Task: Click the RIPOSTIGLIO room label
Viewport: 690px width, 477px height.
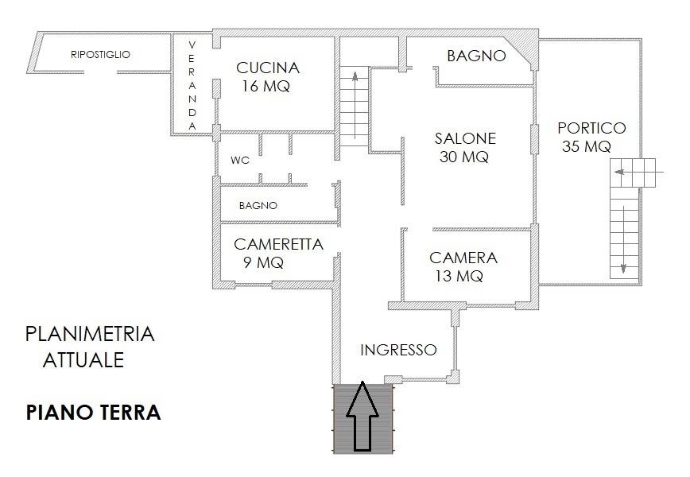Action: pyautogui.click(x=100, y=55)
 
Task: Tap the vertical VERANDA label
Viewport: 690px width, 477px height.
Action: pyautogui.click(x=192, y=85)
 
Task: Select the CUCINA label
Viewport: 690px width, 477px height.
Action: pyautogui.click(x=268, y=68)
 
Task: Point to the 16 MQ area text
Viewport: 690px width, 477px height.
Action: pyautogui.click(x=266, y=86)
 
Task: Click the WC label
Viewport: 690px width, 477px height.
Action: pyautogui.click(x=240, y=161)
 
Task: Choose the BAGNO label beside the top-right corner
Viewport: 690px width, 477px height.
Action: pyautogui.click(x=476, y=56)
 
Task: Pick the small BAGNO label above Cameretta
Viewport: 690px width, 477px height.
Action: pyautogui.click(x=258, y=205)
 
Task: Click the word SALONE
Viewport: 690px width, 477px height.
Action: pyautogui.click(x=465, y=138)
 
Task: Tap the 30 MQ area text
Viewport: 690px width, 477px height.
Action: pyautogui.click(x=463, y=157)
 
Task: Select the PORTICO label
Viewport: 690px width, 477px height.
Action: pyautogui.click(x=591, y=128)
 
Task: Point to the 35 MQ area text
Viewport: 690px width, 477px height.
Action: pyautogui.click(x=586, y=146)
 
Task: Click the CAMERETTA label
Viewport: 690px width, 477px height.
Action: pyautogui.click(x=278, y=244)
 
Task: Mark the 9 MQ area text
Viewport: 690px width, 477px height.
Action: pyautogui.click(x=263, y=262)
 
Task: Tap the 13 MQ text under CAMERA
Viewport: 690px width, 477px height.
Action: pyautogui.click(x=459, y=276)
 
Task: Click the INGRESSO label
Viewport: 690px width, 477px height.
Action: pyautogui.click(x=398, y=350)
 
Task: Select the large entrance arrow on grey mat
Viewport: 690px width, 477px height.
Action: pyautogui.click(x=362, y=417)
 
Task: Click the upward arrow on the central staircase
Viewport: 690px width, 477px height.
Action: pyautogui.click(x=355, y=105)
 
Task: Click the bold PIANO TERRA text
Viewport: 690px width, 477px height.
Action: pyautogui.click(x=93, y=413)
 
